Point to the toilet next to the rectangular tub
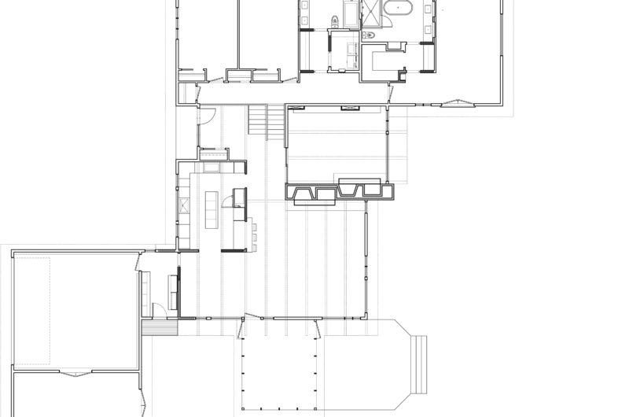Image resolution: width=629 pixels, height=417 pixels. tap(334, 22)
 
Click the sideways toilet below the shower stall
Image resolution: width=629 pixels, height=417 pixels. tap(368, 35)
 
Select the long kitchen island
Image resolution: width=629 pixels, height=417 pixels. tap(211, 210)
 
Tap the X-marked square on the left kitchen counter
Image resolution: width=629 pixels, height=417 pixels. tap(184, 207)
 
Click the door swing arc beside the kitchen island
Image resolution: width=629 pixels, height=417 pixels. tap(226, 201)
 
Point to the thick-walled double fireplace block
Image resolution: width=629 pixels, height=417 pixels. tap(338, 192)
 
